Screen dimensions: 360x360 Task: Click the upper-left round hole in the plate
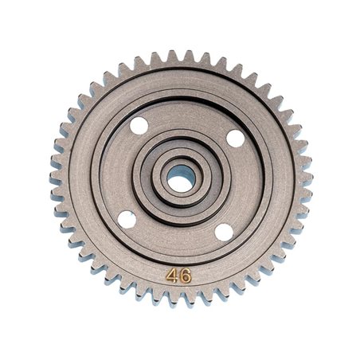(x=139, y=125)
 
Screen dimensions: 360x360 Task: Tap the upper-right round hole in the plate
(x=235, y=138)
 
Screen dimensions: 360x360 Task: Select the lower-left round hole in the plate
(x=127, y=220)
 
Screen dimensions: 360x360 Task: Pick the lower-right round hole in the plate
(x=224, y=233)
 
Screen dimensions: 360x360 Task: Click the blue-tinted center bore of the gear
(x=181, y=180)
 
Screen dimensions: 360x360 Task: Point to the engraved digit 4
(x=173, y=276)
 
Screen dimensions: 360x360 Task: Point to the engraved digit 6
(x=185, y=276)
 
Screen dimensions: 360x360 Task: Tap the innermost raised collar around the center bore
(x=181, y=164)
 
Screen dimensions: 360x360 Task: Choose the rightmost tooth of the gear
(x=307, y=180)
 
